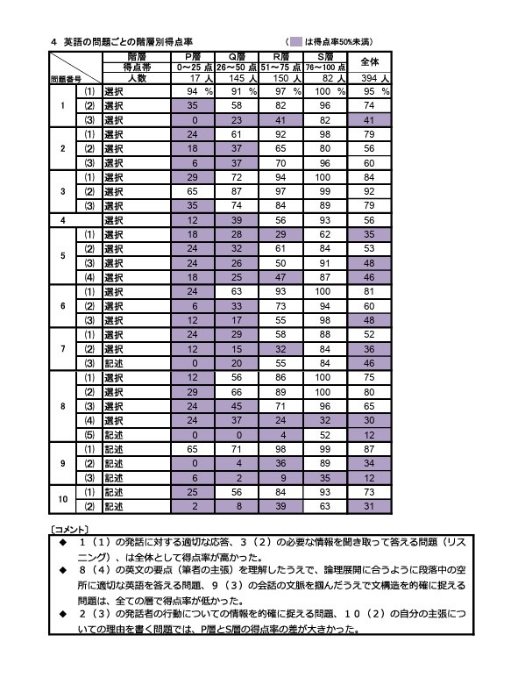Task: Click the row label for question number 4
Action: (62, 221)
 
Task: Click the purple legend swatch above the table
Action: (297, 41)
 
